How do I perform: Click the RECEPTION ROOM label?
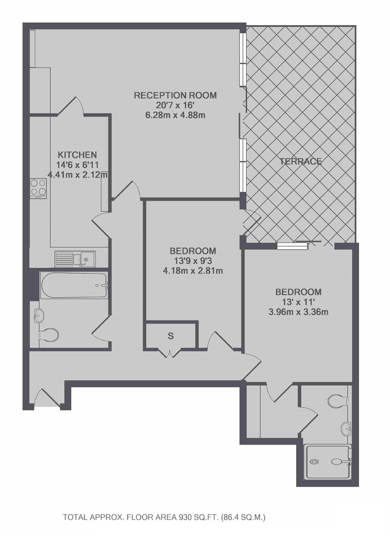pyautogui.click(x=175, y=95)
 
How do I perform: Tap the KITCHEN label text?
pyautogui.click(x=77, y=155)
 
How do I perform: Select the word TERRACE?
pyautogui.click(x=301, y=161)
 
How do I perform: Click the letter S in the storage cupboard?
pyautogui.click(x=171, y=336)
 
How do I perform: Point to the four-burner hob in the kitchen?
pyautogui.click(x=39, y=188)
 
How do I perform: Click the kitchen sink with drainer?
pyautogui.click(x=75, y=259)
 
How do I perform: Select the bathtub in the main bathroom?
pyautogui.click(x=74, y=285)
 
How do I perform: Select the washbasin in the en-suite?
pyautogui.click(x=346, y=429)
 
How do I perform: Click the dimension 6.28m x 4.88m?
pyautogui.click(x=175, y=115)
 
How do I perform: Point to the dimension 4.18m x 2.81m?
pyautogui.click(x=193, y=271)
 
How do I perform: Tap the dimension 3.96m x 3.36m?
pyautogui.click(x=299, y=312)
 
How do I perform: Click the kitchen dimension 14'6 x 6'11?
pyautogui.click(x=77, y=165)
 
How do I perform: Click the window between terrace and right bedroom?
pyautogui.click(x=292, y=246)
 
